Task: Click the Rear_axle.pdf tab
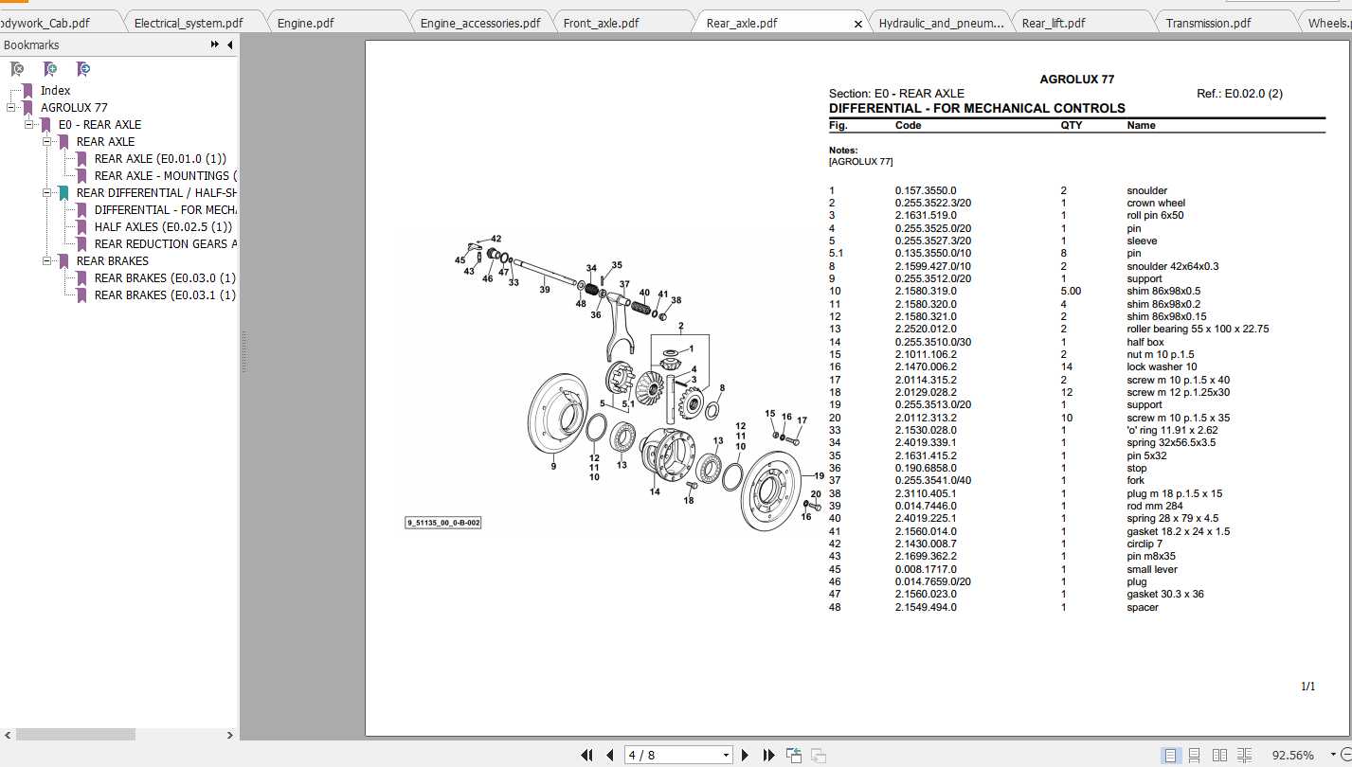(x=742, y=23)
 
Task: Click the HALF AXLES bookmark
(x=163, y=226)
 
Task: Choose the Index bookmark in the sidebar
(x=55, y=90)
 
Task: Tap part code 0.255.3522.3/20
(x=932, y=203)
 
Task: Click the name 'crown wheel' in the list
(x=1155, y=203)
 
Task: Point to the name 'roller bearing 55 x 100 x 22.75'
(x=1198, y=329)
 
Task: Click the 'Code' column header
(x=908, y=125)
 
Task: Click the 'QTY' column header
(x=1071, y=125)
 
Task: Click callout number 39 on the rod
(x=545, y=290)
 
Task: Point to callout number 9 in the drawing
(x=554, y=466)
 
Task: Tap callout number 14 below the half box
(x=654, y=491)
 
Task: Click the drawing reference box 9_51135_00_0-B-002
(x=443, y=523)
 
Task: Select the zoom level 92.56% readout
(x=1292, y=755)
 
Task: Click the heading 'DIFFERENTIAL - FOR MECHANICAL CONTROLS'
(x=977, y=108)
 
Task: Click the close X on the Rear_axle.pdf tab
(x=858, y=24)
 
